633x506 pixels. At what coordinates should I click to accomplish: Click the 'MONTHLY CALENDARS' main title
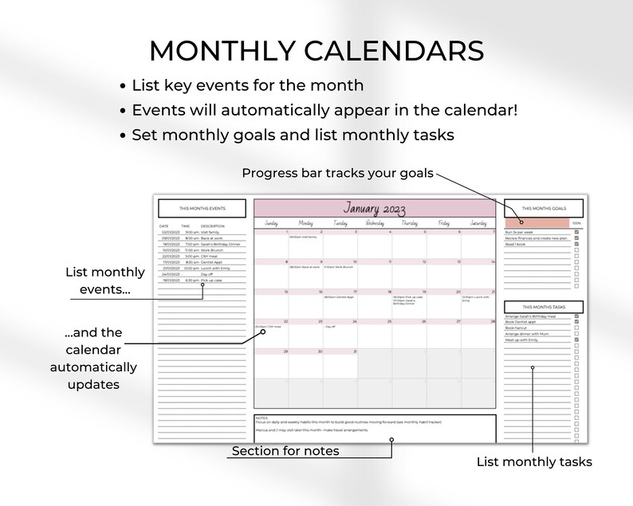(316, 50)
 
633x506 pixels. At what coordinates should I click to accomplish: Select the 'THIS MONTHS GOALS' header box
(543, 208)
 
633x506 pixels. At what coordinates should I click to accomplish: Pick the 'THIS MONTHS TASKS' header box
(543, 307)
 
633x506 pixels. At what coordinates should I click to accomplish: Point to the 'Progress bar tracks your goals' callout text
(338, 173)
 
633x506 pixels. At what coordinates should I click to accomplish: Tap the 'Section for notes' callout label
(285, 452)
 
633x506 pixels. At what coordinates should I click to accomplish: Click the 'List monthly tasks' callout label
(534, 461)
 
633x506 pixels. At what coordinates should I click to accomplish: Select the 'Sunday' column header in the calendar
(271, 224)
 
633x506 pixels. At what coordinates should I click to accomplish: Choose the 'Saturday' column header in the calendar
(478, 224)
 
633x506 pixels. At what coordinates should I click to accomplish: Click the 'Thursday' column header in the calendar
(409, 224)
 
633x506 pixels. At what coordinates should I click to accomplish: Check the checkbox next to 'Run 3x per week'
(576, 232)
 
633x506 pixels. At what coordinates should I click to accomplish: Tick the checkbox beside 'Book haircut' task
(576, 328)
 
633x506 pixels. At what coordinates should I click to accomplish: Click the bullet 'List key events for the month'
(247, 85)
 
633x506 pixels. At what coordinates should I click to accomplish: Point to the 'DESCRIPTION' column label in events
(213, 226)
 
